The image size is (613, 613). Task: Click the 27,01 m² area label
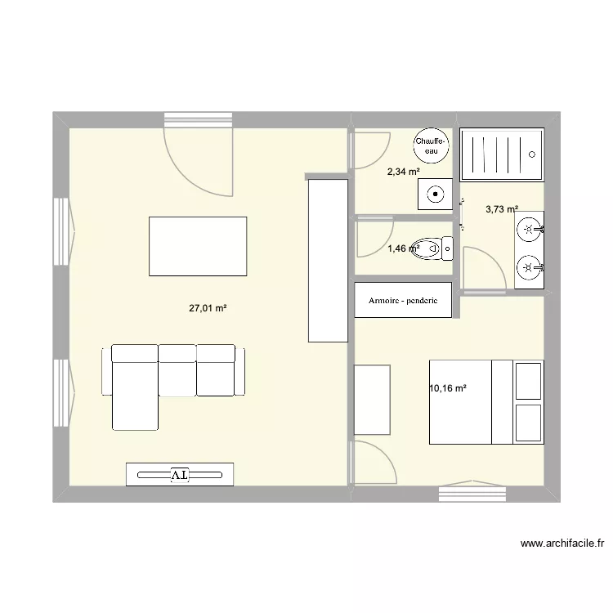[208, 308]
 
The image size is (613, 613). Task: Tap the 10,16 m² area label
[448, 388]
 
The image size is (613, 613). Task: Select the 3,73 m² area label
[502, 209]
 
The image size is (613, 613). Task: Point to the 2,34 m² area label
[404, 172]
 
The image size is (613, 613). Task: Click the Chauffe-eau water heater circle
[432, 145]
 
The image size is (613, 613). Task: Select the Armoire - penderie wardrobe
[403, 300]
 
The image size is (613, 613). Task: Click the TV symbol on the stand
[180, 475]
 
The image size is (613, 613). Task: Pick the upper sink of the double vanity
[529, 229]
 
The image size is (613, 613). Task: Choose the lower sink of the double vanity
[529, 268]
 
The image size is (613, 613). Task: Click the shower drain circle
[532, 154]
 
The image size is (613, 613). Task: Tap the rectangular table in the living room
[198, 246]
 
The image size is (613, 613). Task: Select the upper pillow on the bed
[529, 381]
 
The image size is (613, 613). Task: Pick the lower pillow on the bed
[529, 423]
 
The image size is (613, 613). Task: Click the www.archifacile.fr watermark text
[562, 543]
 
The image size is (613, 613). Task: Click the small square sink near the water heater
[435, 194]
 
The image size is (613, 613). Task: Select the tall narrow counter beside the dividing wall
[328, 261]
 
